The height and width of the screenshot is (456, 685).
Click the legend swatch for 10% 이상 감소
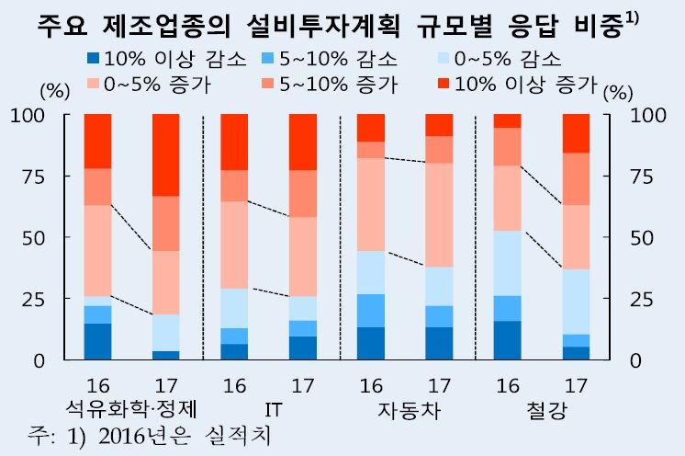[x=93, y=60]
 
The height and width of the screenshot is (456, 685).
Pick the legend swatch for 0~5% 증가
[x=93, y=85]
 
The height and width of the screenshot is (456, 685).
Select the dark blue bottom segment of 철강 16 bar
[x=508, y=340]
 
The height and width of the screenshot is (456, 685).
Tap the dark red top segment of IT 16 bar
[x=234, y=142]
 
